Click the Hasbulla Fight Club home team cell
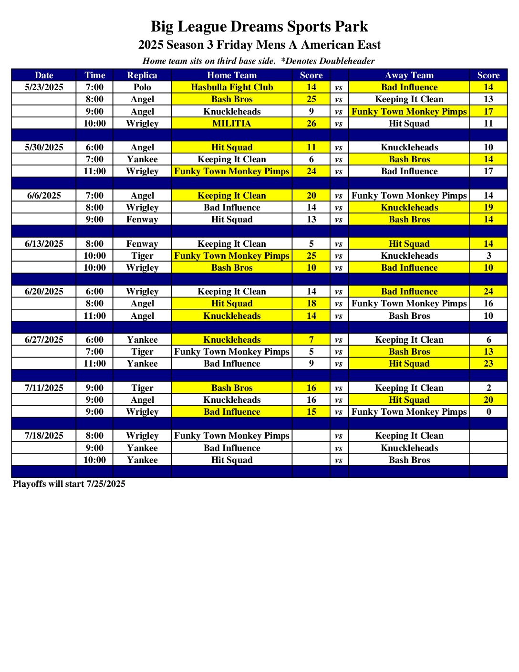tap(232, 87)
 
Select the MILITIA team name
tap(232, 124)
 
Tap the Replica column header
tap(142, 75)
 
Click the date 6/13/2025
tap(44, 244)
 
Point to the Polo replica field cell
tap(142, 87)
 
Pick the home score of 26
tap(311, 124)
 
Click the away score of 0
tap(488, 412)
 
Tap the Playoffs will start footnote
tap(69, 484)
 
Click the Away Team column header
tap(409, 75)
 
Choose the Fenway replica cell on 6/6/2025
tap(142, 220)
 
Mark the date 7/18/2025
tap(44, 436)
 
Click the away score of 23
tap(488, 364)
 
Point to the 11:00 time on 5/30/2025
tap(94, 171)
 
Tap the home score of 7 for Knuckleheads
tap(311, 340)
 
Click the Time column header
tap(94, 75)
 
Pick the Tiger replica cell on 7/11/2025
tap(142, 388)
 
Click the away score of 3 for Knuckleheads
tap(488, 256)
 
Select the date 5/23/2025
tap(44, 87)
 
